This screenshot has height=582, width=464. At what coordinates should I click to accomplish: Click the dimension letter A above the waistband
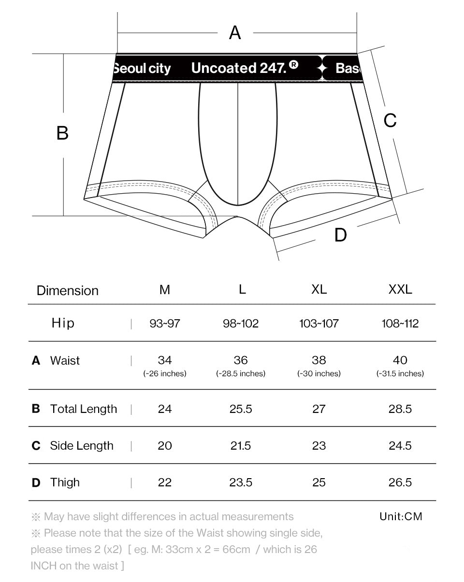[x=235, y=33]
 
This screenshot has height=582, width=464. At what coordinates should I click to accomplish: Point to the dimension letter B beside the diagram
[x=62, y=133]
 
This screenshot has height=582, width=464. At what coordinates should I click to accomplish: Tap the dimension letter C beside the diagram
[x=390, y=120]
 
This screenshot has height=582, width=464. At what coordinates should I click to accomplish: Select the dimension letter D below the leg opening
[x=340, y=235]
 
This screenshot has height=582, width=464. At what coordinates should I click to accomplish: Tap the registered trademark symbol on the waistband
[x=294, y=65]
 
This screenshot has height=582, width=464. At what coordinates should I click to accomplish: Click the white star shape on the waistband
[x=321, y=69]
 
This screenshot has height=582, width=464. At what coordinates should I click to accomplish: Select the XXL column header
[x=400, y=289]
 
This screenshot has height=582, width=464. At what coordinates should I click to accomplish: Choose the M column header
[x=165, y=290]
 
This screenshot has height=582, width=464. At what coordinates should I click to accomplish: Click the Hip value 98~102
[x=241, y=324]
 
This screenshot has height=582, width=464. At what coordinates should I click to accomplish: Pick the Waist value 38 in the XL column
[x=319, y=360]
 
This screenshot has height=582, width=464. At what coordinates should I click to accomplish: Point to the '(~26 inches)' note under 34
[x=165, y=373]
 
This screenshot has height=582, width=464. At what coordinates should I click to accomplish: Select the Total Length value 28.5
[x=400, y=409]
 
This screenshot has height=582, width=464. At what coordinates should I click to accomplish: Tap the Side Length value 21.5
[x=241, y=446]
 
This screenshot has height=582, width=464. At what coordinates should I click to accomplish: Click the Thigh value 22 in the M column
[x=165, y=483]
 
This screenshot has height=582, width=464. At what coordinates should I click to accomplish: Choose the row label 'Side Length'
[x=82, y=446]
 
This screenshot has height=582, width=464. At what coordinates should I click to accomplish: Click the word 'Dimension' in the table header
[x=68, y=290]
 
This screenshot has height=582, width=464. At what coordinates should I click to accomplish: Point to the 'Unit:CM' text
[x=401, y=517]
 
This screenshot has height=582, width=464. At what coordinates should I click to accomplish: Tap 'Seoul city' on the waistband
[x=142, y=69]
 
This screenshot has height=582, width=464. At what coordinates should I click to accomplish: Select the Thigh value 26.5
[x=400, y=483]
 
